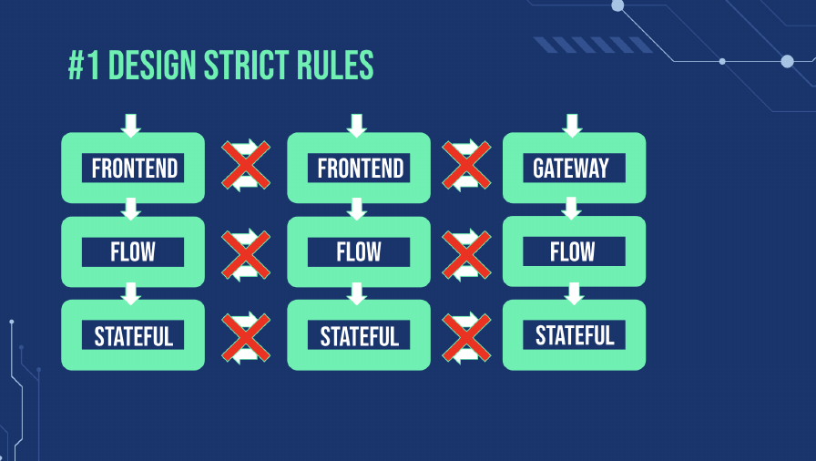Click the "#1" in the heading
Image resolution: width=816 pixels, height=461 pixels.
click(84, 65)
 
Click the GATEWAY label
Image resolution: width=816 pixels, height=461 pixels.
click(571, 168)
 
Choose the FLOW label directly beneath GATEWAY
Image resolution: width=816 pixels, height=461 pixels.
click(573, 251)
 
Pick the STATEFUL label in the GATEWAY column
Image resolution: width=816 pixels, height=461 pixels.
click(575, 335)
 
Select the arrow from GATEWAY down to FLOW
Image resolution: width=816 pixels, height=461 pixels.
click(571, 208)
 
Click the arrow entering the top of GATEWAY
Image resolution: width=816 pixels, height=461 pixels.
click(572, 126)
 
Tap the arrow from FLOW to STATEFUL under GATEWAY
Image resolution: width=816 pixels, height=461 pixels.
click(574, 293)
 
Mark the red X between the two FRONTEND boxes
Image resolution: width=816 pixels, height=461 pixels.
click(246, 165)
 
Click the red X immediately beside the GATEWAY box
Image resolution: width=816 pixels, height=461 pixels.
click(466, 165)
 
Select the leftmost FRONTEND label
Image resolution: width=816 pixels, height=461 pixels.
click(135, 169)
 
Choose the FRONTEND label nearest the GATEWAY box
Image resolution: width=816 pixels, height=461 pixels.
click(361, 169)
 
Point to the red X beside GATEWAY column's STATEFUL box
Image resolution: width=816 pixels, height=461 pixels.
click(466, 338)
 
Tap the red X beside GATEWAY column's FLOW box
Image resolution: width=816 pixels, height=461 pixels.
click(466, 254)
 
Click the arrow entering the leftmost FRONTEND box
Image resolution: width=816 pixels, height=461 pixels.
click(130, 126)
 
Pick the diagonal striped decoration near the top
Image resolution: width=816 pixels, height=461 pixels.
click(593, 45)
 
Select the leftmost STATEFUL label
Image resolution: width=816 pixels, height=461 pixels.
click(134, 336)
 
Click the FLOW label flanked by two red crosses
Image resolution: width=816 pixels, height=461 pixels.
click(359, 252)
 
